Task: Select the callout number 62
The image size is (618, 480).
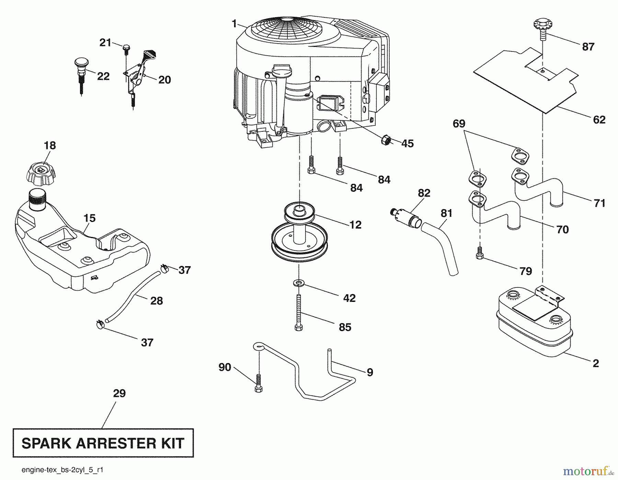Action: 599,120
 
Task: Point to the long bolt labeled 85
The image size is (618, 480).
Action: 299,312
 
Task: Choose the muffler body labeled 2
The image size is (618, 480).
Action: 534,323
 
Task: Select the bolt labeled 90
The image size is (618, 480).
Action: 259,383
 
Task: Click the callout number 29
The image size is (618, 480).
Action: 119,393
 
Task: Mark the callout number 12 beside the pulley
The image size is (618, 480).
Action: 355,225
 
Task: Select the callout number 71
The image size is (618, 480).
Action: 599,203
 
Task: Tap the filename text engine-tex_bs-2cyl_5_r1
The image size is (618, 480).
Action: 62,470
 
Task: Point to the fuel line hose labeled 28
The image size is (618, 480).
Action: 133,296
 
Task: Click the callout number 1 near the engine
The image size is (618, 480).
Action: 234,24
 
